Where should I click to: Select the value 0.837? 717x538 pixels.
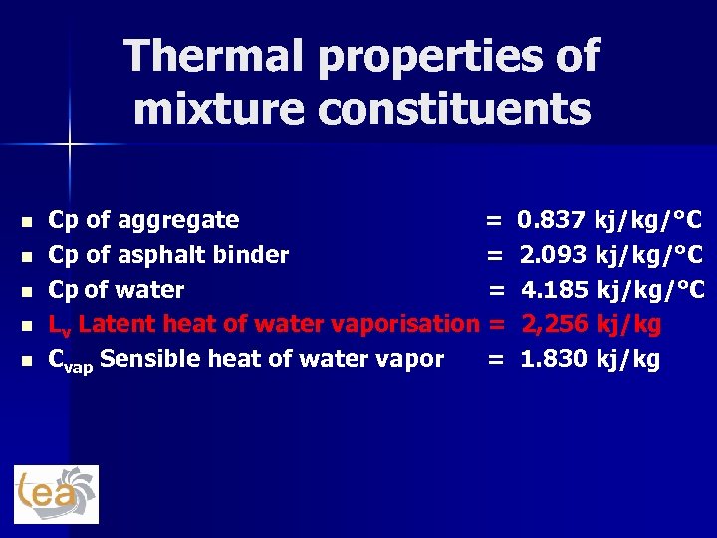pyautogui.click(x=551, y=220)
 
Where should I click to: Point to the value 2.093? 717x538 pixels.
pyautogui.click(x=553, y=255)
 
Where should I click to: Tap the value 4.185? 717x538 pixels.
pyautogui.click(x=555, y=290)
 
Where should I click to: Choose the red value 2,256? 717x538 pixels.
pyautogui.click(x=555, y=324)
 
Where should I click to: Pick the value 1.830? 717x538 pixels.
pyautogui.click(x=554, y=359)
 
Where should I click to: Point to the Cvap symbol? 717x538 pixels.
pyautogui.click(x=70, y=360)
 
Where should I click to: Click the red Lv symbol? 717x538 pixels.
pyautogui.click(x=60, y=325)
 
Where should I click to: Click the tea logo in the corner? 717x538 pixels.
pyautogui.click(x=56, y=494)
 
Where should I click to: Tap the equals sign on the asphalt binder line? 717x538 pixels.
pyautogui.click(x=494, y=256)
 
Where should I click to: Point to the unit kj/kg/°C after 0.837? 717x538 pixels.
pyautogui.click(x=647, y=220)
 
